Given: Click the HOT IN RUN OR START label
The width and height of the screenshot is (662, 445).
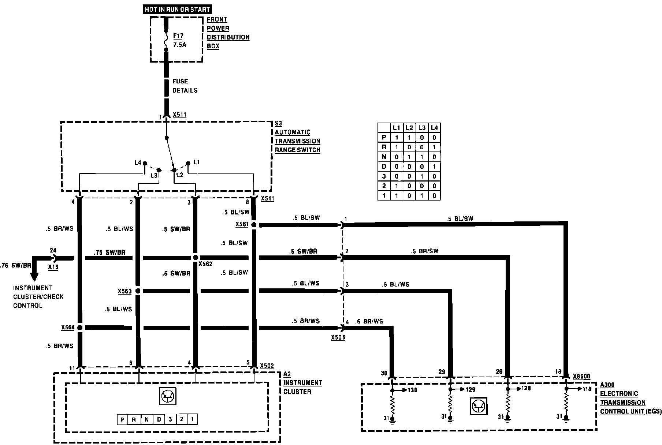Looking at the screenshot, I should (177, 9).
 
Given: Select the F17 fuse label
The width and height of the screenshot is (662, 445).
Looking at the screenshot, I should (178, 36).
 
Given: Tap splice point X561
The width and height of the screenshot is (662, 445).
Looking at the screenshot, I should (254, 225).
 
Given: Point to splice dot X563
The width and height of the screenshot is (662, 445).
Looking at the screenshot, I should (138, 291).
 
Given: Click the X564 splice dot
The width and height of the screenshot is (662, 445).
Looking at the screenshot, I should (79, 328).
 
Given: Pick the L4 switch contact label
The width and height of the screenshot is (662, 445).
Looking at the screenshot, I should (138, 162).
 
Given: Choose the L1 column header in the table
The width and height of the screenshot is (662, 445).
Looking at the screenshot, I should (396, 128).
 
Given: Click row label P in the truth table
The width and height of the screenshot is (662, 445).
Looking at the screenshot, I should (384, 138).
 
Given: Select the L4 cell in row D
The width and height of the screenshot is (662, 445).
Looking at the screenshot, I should (434, 167).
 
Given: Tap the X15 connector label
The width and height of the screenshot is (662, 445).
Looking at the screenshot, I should (53, 267).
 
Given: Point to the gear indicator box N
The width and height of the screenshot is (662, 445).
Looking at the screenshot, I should (146, 419).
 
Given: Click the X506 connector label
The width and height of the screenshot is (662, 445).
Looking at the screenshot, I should (338, 337).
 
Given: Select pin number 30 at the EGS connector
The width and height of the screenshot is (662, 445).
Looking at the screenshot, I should (384, 373).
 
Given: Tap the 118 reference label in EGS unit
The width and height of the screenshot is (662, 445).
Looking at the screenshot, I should (587, 389).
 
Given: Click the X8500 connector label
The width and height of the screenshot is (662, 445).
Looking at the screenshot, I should (581, 377).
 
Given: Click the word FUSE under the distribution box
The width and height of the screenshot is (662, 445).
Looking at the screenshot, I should (180, 81).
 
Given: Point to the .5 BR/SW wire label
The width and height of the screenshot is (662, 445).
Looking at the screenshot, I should (425, 251).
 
